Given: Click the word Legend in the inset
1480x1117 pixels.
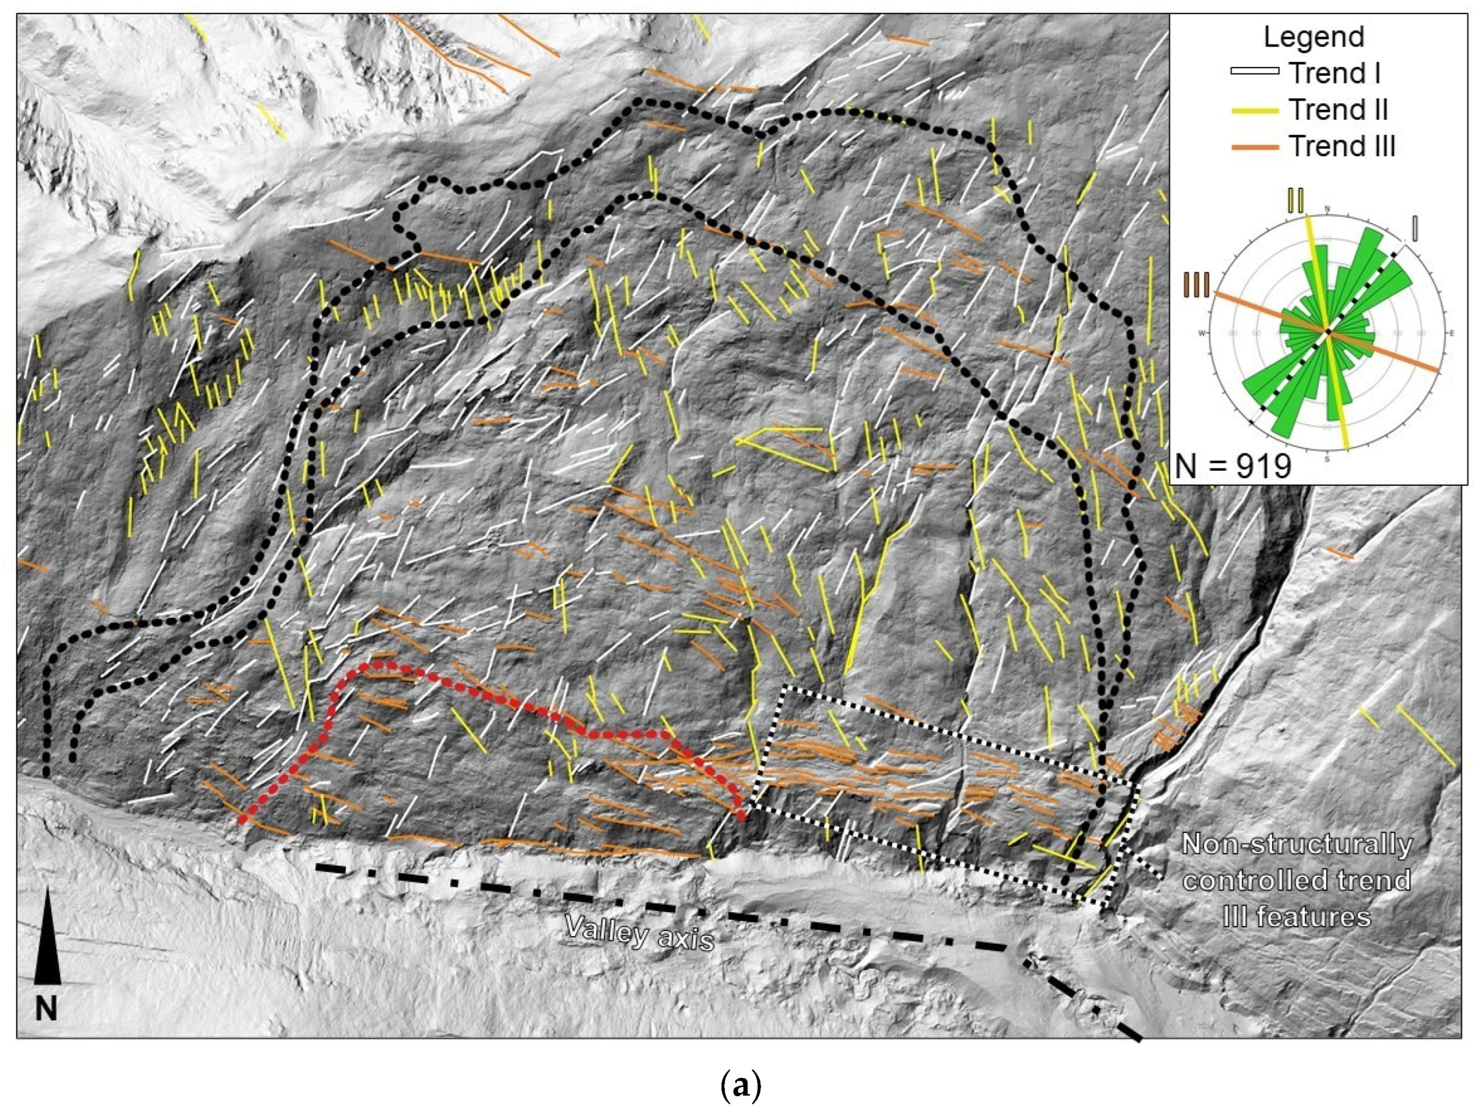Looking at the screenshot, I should [1313, 37].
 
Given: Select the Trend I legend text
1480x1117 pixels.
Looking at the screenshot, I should [1334, 73].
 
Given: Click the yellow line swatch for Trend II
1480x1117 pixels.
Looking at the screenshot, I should [1254, 110].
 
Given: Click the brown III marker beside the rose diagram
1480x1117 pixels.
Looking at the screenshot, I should [1197, 284].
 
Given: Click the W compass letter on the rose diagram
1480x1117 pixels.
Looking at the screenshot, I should [1202, 332].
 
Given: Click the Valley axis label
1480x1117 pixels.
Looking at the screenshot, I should [639, 932].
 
